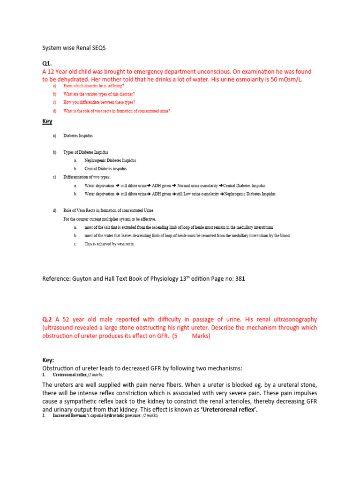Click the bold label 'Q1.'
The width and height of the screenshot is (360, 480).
point(47,63)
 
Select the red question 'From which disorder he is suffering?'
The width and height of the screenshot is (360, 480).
point(93,86)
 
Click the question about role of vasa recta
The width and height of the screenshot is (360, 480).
point(116,111)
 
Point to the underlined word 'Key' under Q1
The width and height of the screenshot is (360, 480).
point(47,121)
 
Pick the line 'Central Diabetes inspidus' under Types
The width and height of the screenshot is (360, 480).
point(105,169)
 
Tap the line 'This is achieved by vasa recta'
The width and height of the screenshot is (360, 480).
point(109,244)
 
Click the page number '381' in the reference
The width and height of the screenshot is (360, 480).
point(239,279)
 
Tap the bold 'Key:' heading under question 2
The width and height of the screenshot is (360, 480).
point(48,360)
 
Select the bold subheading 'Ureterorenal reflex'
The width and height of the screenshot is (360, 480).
point(70,375)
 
